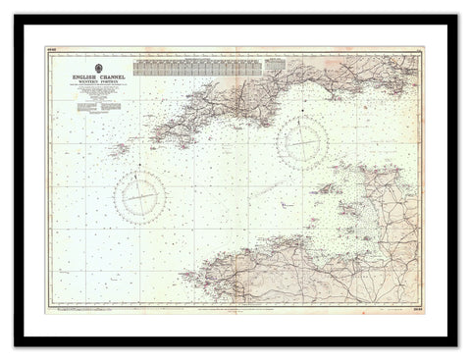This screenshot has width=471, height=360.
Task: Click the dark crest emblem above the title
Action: pyautogui.click(x=94, y=67)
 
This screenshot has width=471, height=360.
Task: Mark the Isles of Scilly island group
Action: pyautogui.click(x=120, y=150)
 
